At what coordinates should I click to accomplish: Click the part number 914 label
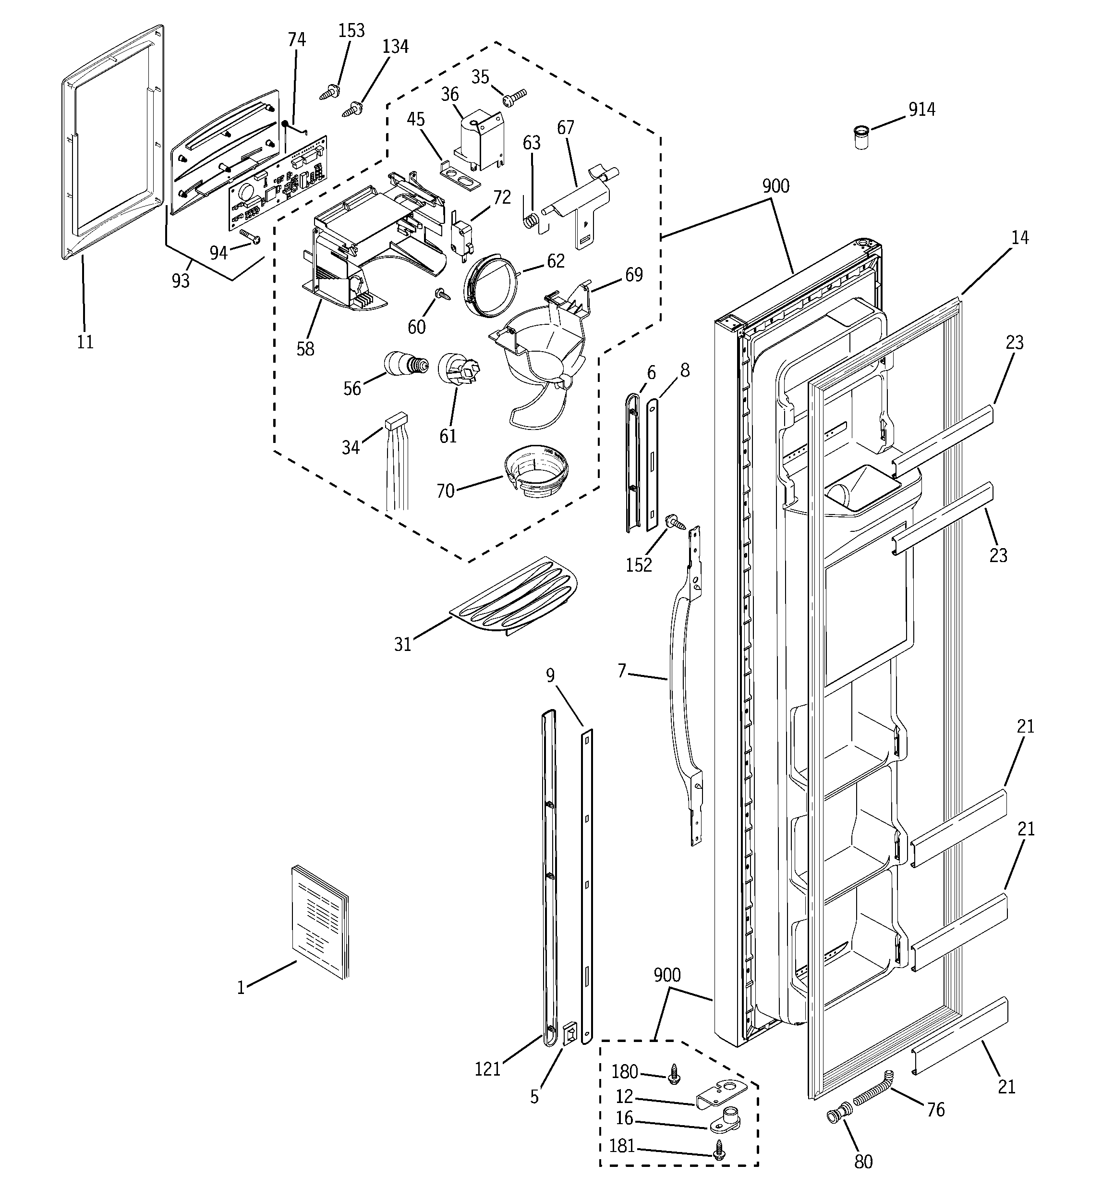(921, 110)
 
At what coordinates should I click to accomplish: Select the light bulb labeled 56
(405, 363)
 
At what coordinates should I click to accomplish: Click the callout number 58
(305, 349)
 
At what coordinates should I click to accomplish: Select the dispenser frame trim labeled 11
(110, 144)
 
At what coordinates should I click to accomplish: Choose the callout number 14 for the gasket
(1019, 237)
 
